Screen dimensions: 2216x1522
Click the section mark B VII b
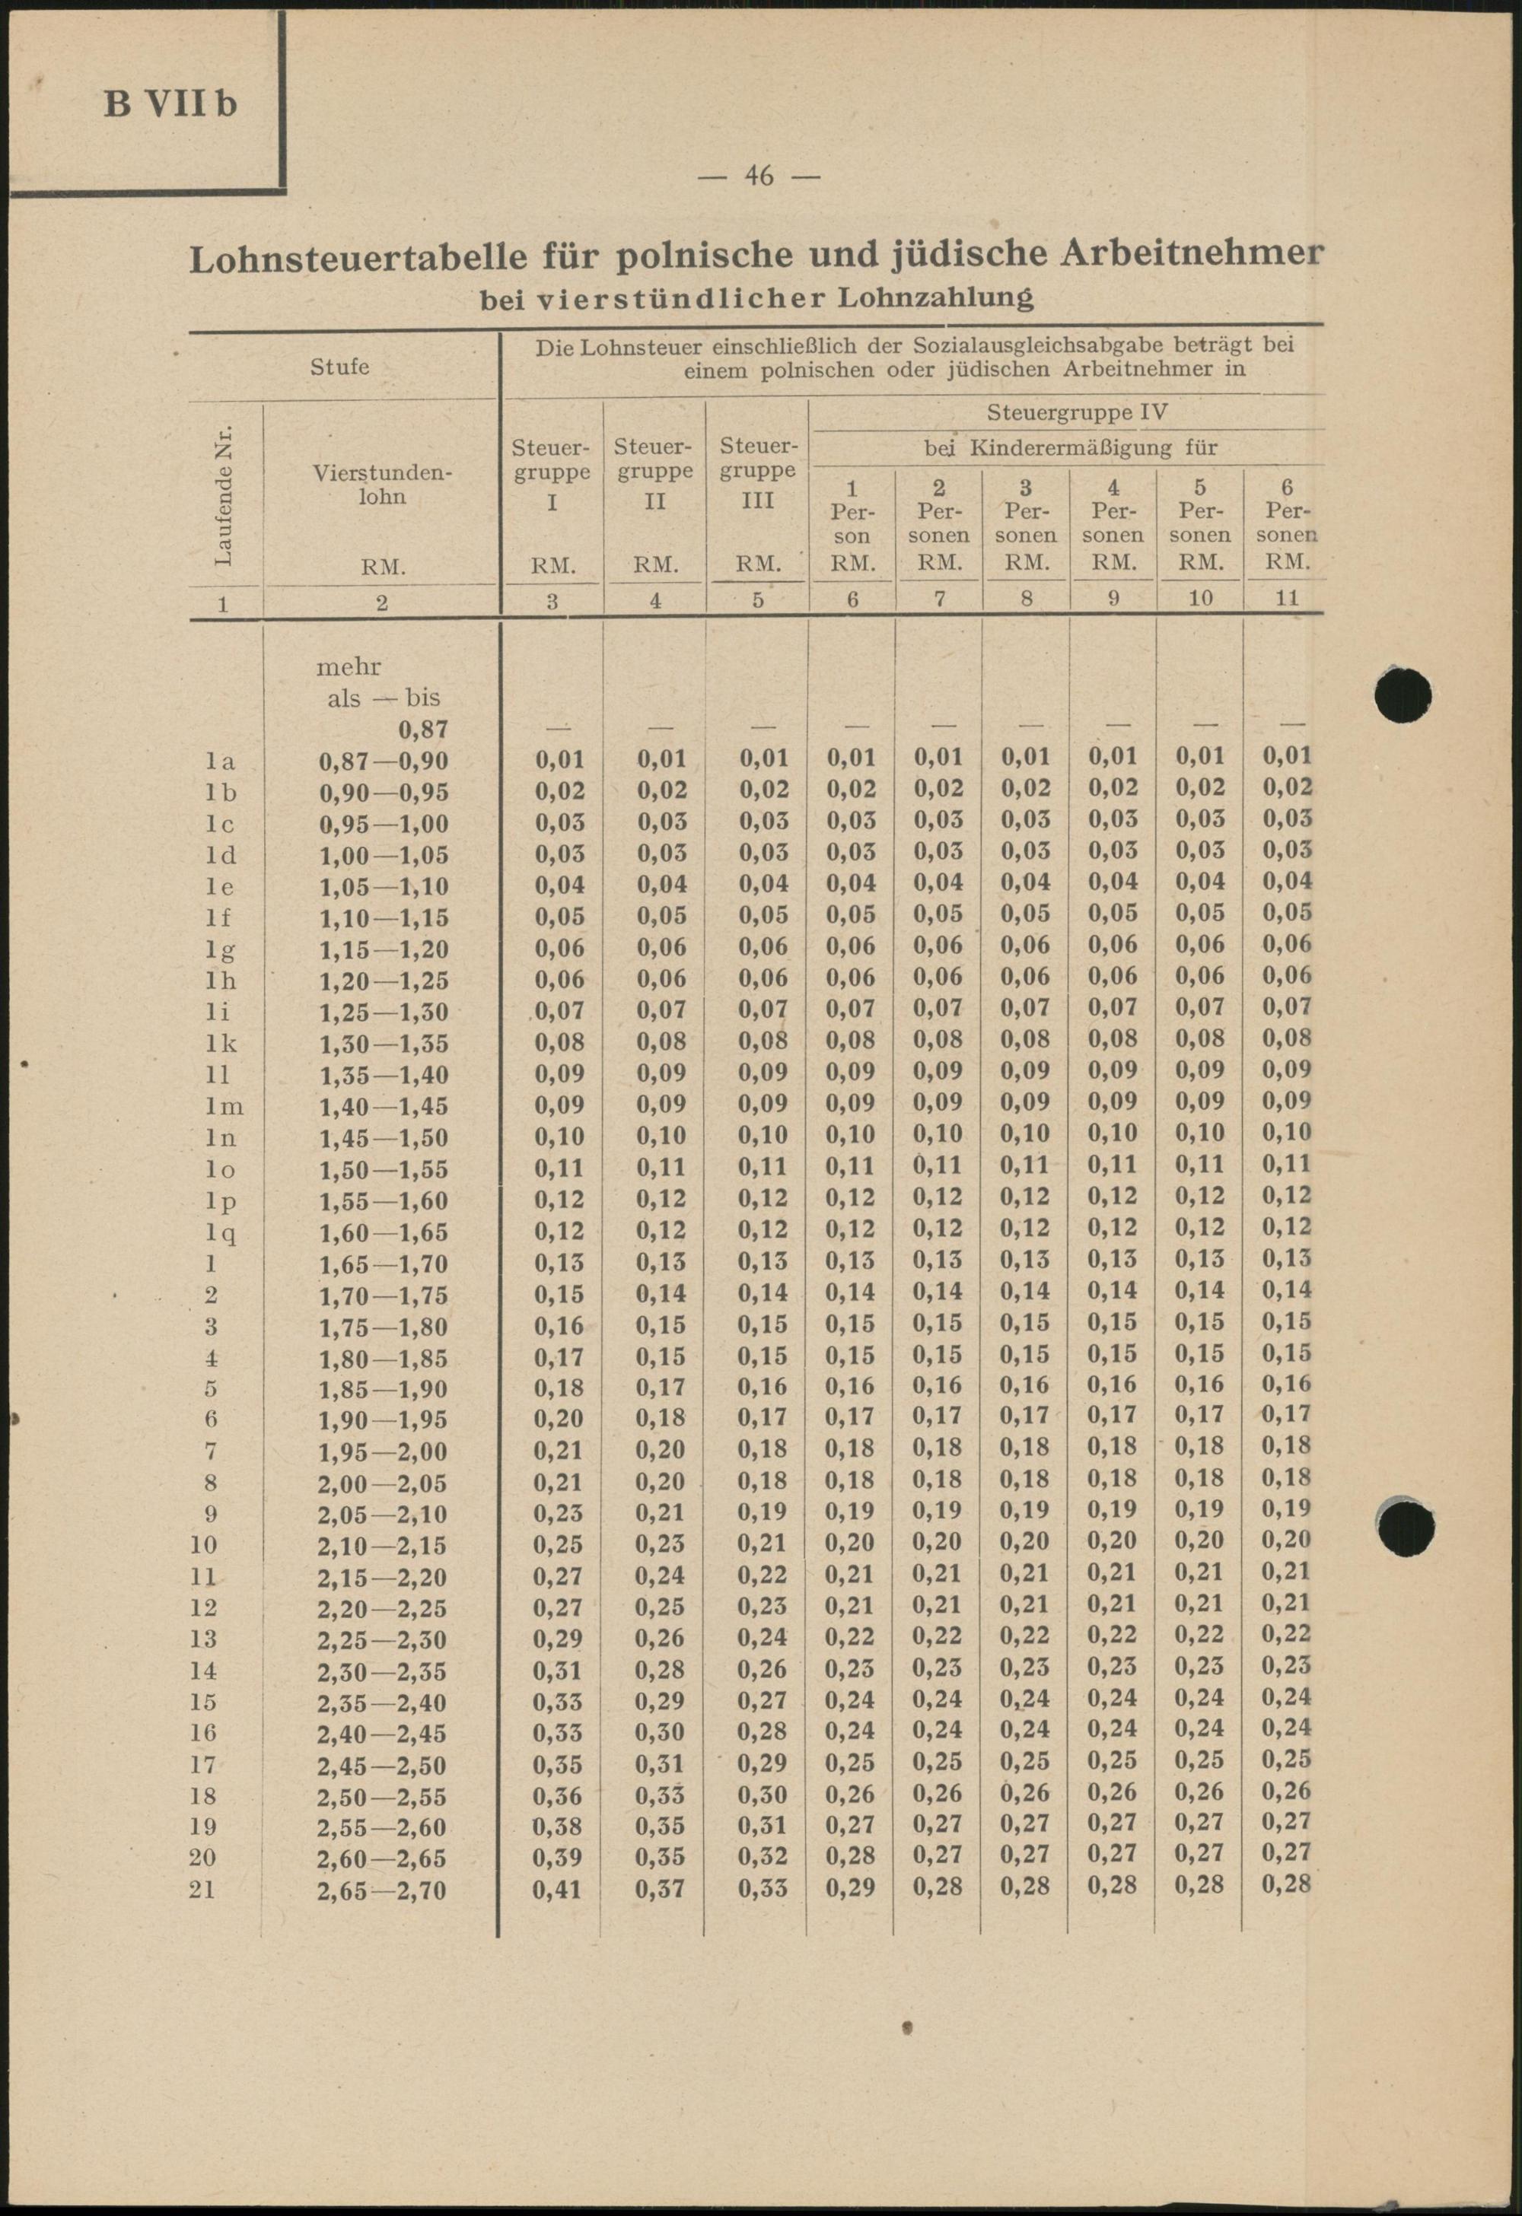(x=170, y=103)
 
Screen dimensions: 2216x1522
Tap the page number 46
(x=759, y=176)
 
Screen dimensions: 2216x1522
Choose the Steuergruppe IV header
(x=1077, y=413)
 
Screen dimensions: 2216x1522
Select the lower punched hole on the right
(x=1405, y=1524)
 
